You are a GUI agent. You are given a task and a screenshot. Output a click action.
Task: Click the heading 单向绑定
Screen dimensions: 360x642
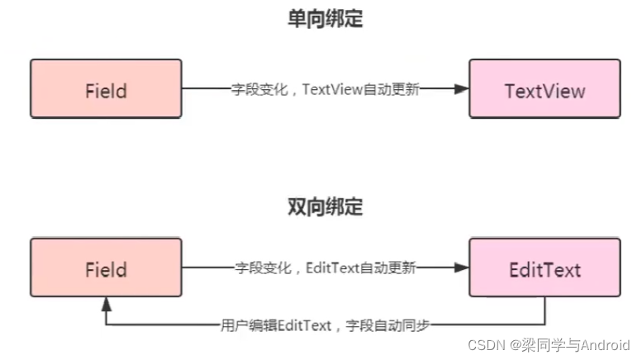325,20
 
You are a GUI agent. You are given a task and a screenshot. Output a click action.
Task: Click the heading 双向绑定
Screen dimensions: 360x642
325,206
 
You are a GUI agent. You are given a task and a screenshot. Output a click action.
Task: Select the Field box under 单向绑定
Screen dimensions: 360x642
106,89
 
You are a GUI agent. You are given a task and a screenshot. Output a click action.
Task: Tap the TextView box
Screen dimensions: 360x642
544,89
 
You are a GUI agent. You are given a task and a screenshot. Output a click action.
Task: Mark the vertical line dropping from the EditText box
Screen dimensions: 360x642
545,310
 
